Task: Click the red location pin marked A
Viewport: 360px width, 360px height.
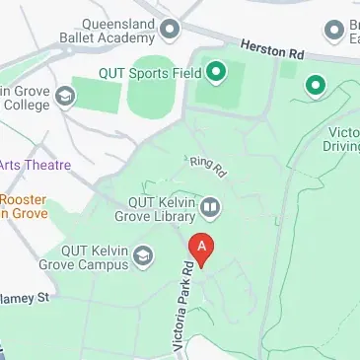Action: (x=201, y=249)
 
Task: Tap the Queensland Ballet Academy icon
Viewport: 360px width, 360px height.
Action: (x=169, y=30)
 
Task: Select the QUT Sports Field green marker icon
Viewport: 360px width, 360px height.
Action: (x=214, y=71)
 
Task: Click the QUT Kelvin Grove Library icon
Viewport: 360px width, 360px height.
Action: (x=210, y=208)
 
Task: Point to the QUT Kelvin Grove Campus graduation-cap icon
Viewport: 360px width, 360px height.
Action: (x=143, y=258)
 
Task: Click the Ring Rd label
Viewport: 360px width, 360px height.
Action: (x=207, y=165)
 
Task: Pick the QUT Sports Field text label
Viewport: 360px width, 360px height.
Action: (x=149, y=71)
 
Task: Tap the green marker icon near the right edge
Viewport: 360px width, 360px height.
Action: (x=315, y=86)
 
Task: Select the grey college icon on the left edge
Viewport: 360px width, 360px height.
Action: (x=66, y=96)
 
